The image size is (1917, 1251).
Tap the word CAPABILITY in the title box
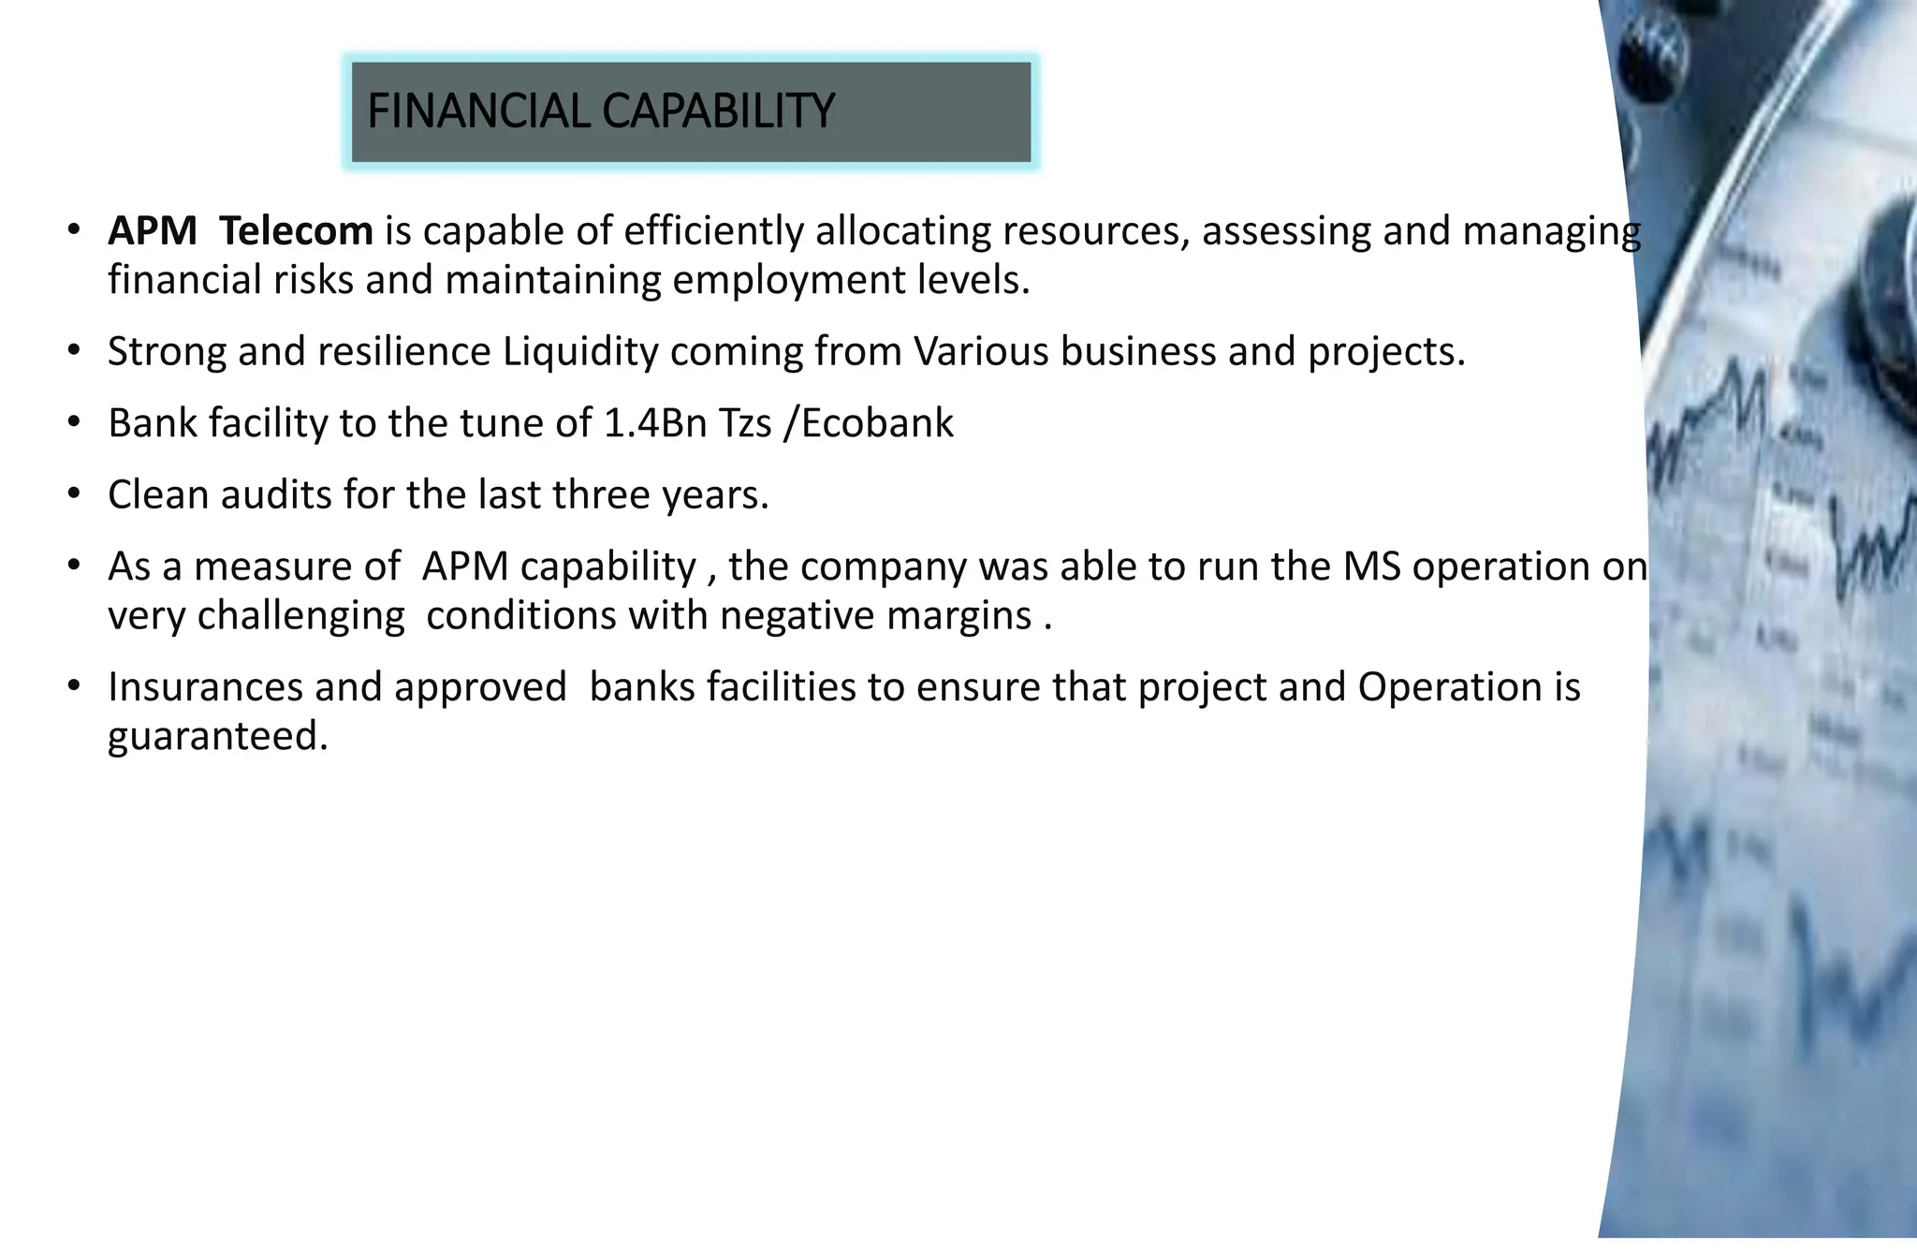(x=718, y=111)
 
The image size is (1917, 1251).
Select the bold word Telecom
(x=296, y=231)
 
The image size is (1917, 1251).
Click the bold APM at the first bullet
(x=153, y=231)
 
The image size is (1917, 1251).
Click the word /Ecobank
(x=868, y=423)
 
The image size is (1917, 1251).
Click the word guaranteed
(x=218, y=736)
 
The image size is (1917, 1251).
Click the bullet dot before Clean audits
(x=74, y=493)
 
